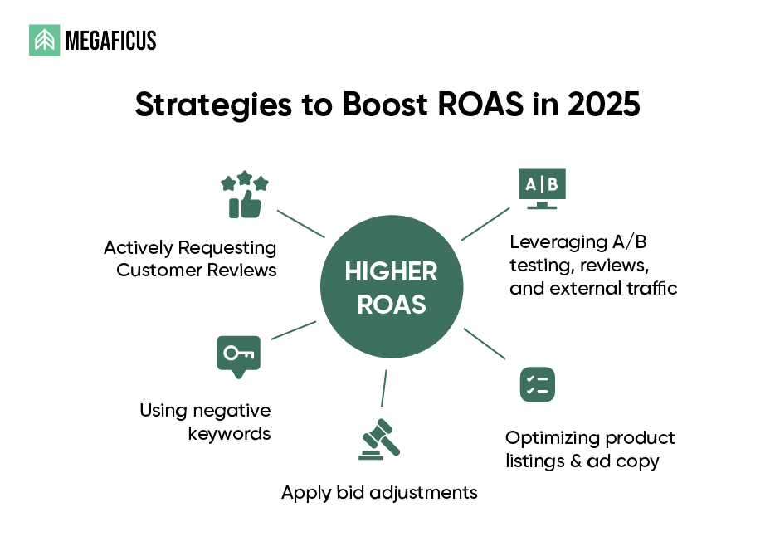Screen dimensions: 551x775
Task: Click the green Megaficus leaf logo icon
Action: (x=45, y=40)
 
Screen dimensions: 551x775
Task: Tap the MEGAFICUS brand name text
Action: (x=110, y=41)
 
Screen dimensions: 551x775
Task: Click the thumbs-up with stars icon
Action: (x=244, y=196)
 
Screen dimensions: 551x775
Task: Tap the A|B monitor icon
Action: (x=541, y=188)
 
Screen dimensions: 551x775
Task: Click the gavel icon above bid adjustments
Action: (x=378, y=441)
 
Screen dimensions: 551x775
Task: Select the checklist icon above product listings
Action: (x=538, y=384)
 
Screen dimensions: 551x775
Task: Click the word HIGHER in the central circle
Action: (x=391, y=271)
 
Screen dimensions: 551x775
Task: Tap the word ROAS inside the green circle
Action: (x=392, y=304)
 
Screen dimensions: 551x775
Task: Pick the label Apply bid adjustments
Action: (x=379, y=492)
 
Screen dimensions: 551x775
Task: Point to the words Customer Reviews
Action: (x=196, y=270)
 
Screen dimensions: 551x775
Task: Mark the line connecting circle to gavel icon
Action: (x=384, y=388)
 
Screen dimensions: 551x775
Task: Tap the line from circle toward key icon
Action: (x=294, y=329)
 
